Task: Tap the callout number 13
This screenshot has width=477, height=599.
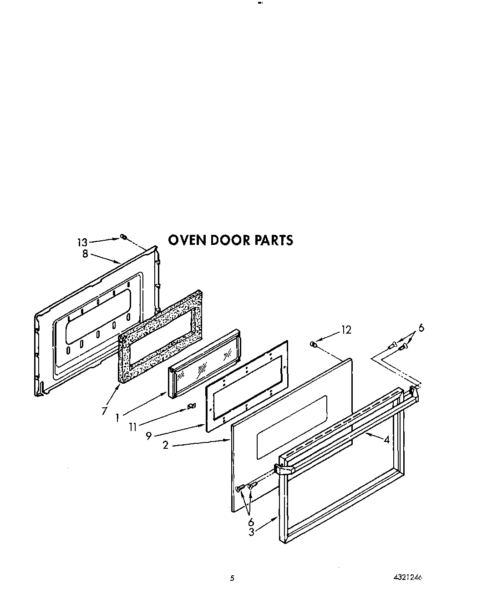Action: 81,243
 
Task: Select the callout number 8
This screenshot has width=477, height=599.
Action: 85,254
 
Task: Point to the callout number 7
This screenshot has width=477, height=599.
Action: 104,411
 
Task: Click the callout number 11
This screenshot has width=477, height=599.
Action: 132,426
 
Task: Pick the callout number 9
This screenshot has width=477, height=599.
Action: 148,436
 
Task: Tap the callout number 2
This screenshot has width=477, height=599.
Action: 166,445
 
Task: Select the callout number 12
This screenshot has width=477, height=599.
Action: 346,330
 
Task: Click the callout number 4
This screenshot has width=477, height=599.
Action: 386,440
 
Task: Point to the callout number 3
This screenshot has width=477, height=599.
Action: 251,531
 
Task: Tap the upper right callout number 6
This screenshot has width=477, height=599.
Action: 421,327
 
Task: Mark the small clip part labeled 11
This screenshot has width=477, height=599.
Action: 192,406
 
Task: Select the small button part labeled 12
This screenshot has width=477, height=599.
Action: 312,344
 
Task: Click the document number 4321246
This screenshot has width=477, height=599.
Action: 407,578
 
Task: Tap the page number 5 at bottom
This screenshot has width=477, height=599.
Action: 232,579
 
